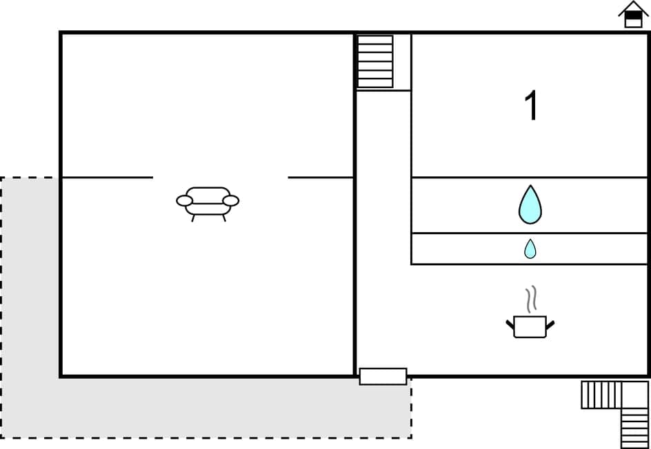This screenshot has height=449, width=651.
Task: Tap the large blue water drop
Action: pyautogui.click(x=530, y=205)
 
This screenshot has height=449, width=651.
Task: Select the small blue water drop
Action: pyautogui.click(x=530, y=249)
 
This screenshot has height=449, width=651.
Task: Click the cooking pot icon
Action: pyautogui.click(x=530, y=326)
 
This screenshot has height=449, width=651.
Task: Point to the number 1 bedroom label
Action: pyautogui.click(x=530, y=107)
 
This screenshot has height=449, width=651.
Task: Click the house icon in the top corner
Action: pyautogui.click(x=632, y=15)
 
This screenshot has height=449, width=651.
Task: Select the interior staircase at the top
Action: pyautogui.click(x=375, y=61)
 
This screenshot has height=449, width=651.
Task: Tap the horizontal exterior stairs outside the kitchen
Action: pyautogui.click(x=601, y=395)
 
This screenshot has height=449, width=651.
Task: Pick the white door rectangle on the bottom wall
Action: pyautogui.click(x=383, y=376)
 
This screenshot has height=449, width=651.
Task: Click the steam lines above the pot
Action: pyautogui.click(x=530, y=300)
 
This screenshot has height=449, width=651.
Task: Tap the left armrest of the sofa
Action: pyautogui.click(x=184, y=200)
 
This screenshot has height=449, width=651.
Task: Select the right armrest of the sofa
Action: pyautogui.click(x=231, y=200)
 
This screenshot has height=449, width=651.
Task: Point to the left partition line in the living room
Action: pyautogui.click(x=107, y=178)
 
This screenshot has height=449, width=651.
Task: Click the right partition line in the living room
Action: pyautogui.click(x=321, y=178)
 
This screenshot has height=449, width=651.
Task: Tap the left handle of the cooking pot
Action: pyautogui.click(x=510, y=324)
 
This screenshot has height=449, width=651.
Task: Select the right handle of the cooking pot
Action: pyautogui.click(x=550, y=324)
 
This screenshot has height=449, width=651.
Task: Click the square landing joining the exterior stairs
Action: pyautogui.click(x=634, y=395)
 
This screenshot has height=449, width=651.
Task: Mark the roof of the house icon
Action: pyautogui.click(x=632, y=8)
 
